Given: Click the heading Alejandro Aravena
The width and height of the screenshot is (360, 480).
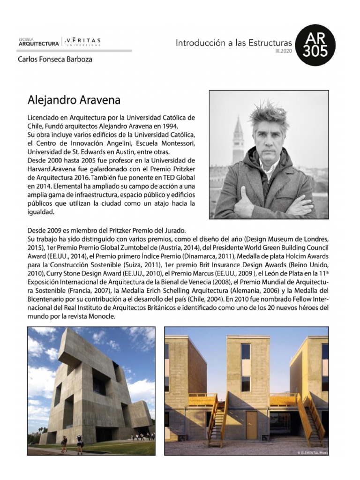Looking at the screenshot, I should coord(75,100).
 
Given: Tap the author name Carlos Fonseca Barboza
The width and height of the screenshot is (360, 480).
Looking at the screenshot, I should coord(55,60).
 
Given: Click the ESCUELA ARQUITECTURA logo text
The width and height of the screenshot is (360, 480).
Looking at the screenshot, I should coord(38,42).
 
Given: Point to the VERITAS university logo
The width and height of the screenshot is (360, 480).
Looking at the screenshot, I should coord(83,42).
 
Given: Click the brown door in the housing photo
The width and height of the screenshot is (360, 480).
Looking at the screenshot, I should coord(251,424).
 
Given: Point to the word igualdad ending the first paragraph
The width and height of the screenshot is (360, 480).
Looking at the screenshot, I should coord(41,212).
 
